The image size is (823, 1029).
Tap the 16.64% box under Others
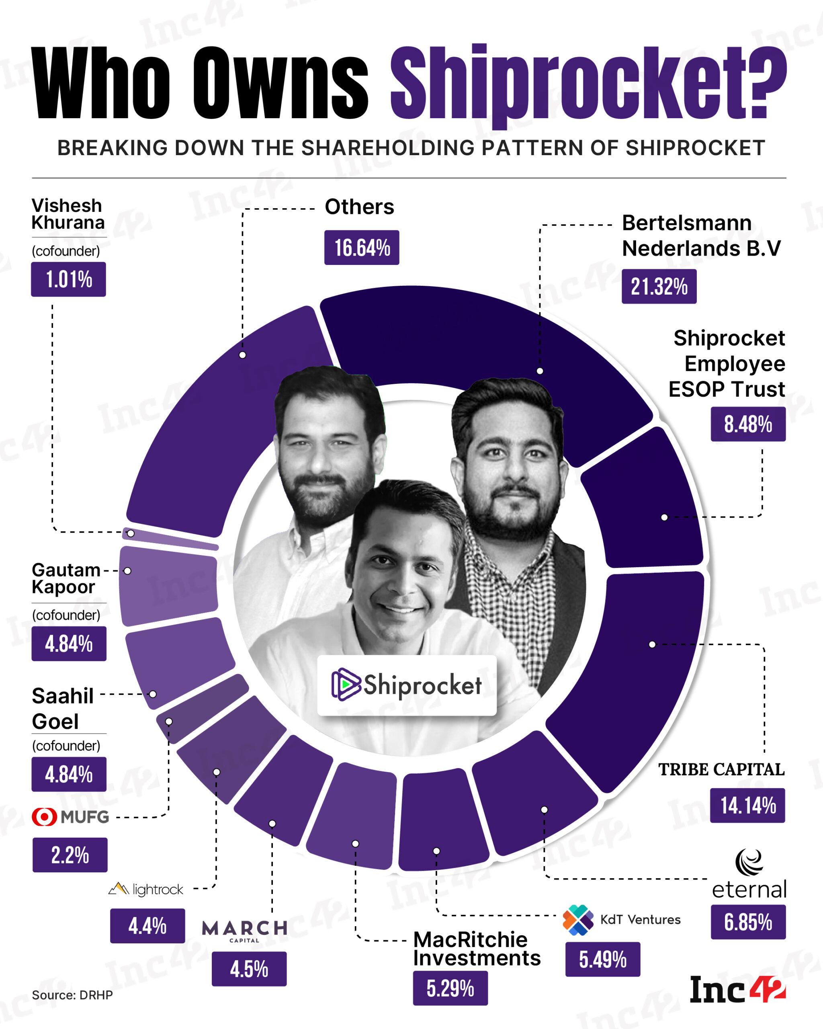[362, 248]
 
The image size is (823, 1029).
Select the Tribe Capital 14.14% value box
[747, 805]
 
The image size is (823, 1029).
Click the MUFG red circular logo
[44, 817]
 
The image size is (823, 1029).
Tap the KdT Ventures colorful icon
[578, 919]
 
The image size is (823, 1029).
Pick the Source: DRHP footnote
[72, 995]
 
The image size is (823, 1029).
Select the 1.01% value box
[68, 279]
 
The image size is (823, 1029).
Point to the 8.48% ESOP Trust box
[747, 424]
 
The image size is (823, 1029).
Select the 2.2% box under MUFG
[70, 855]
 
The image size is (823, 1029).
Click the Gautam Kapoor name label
[66, 578]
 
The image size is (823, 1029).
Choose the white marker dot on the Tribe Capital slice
[652, 644]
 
